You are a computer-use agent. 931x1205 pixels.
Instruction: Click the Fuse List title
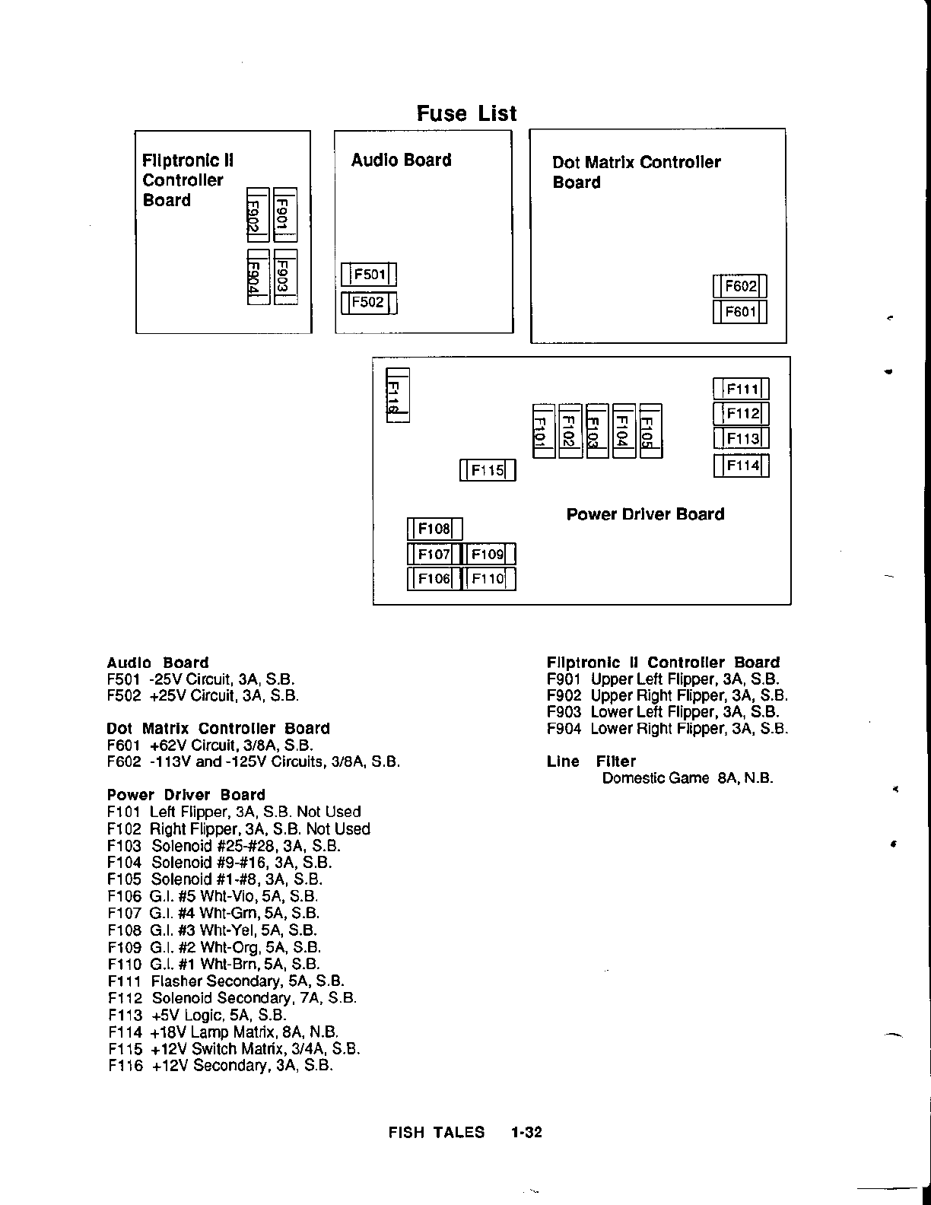point(466,113)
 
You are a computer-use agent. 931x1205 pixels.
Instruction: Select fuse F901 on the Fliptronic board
point(284,215)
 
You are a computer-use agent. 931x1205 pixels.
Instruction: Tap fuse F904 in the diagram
point(259,278)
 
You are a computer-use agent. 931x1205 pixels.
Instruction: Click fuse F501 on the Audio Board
point(370,275)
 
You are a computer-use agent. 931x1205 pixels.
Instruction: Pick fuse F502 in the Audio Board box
point(370,303)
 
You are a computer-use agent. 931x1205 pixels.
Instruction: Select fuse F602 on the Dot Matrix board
point(740,287)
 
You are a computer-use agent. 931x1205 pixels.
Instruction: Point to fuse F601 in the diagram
point(740,312)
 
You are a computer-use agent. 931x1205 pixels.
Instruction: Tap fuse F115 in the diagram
point(488,470)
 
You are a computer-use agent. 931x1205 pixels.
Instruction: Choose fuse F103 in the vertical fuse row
point(596,431)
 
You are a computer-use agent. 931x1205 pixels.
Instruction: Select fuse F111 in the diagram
point(742,389)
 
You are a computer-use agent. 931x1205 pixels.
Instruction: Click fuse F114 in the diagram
point(742,466)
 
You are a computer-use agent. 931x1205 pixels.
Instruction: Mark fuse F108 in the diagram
point(434,529)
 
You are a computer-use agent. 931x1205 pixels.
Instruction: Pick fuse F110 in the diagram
point(488,579)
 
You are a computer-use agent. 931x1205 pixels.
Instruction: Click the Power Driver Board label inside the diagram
point(645,514)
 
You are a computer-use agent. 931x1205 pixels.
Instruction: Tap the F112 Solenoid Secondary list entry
point(232,998)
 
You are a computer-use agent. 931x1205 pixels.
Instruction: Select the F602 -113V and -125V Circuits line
point(253,762)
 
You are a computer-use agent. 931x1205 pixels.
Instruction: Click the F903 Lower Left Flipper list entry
point(663,712)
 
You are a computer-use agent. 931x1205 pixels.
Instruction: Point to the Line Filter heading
point(591,761)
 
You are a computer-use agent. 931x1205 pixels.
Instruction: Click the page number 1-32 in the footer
point(526,1132)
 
